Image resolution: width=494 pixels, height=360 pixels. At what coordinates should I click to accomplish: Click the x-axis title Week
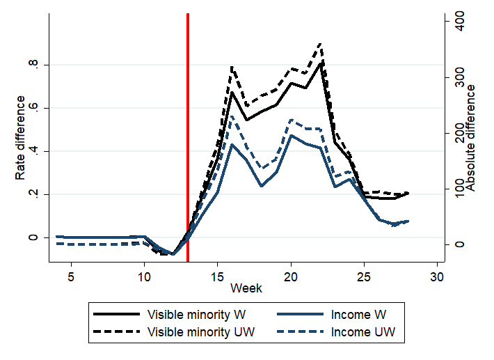(247, 288)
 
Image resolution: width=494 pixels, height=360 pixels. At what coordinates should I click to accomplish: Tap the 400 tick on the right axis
(455, 22)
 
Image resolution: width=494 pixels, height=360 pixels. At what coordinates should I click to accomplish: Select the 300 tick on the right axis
(455, 77)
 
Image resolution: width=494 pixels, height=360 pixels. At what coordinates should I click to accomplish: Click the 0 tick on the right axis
(455, 244)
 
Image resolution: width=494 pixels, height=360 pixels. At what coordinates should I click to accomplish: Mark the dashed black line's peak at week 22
(320, 44)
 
